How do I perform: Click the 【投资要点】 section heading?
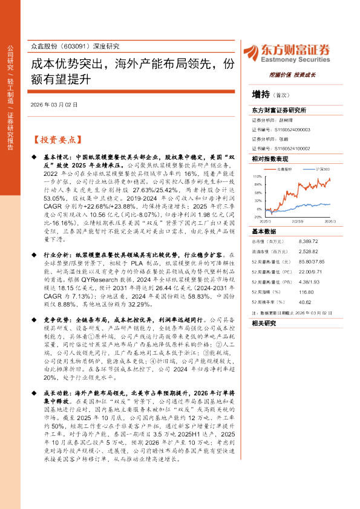tap(55, 139)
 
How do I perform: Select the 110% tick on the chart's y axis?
tap(257, 175)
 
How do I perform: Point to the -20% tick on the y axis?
tap(257, 216)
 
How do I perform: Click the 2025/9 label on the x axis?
tap(297, 221)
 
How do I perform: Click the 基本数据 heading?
tap(264, 232)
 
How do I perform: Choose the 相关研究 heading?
tap(264, 323)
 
